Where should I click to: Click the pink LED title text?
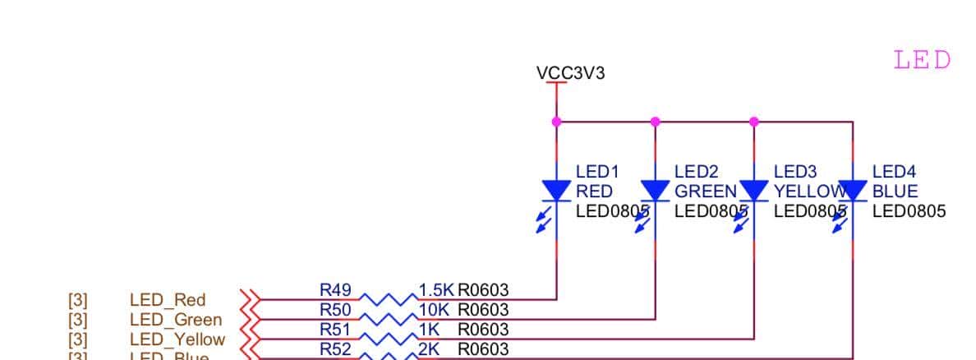point(922,60)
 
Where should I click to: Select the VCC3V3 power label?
point(570,73)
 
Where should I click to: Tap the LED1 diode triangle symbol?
point(557,191)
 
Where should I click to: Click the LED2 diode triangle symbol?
point(655,191)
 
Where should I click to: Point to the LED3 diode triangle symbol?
point(754,191)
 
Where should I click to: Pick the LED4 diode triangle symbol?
point(853,191)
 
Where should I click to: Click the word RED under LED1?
point(594,192)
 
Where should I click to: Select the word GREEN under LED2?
point(705,192)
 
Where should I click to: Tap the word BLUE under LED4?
point(895,192)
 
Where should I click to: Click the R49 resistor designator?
point(335,290)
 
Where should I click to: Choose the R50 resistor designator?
point(335,310)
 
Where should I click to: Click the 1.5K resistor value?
point(436,290)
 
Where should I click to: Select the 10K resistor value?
point(435,310)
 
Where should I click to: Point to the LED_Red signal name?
point(168,300)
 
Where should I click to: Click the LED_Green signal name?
point(176,320)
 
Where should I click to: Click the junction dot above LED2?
point(655,122)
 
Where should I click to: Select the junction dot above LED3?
point(754,122)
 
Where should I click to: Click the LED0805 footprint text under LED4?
point(909,211)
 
